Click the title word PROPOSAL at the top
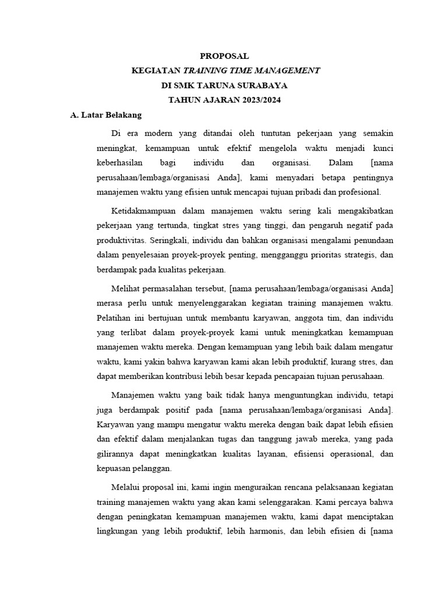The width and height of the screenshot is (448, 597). tap(224, 57)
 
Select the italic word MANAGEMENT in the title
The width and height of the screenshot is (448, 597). tap(289, 71)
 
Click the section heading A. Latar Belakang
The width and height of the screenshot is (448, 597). tap(101, 115)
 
